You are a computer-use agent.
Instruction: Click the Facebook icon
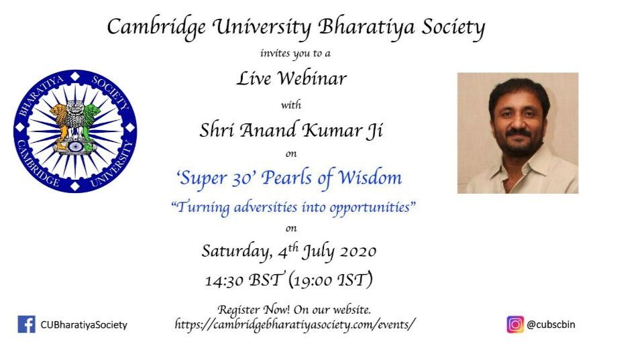27,324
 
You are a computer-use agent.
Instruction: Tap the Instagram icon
515,324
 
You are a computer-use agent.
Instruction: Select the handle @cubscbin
551,324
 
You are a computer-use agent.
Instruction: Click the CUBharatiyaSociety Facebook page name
84,325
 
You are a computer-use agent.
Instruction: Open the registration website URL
295,324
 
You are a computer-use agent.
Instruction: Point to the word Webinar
312,78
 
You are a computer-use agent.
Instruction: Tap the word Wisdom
370,178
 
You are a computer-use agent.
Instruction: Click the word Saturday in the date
237,251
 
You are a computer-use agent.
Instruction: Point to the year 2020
356,251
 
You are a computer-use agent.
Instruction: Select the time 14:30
224,281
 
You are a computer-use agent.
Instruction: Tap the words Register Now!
254,310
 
